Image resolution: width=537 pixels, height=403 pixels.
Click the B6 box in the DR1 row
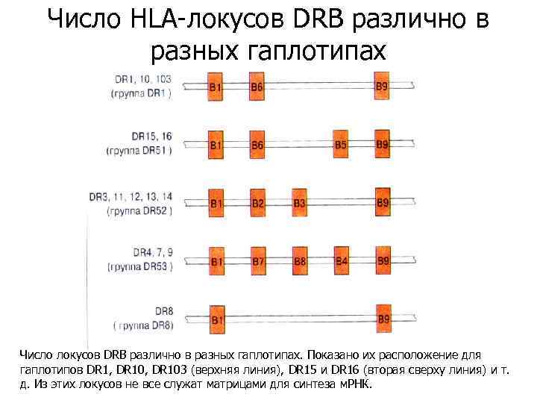257,87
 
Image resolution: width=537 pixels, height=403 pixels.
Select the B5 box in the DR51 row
341,144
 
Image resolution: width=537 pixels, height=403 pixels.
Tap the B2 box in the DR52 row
257,202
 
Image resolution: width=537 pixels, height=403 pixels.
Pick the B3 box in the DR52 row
300,202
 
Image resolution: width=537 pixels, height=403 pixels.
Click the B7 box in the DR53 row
258,260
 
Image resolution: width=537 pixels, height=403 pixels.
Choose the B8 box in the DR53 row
300,260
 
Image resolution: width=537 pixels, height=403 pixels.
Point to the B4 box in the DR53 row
342,260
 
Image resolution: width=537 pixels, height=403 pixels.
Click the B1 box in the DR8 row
216,319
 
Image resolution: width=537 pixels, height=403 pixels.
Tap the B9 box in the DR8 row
383,319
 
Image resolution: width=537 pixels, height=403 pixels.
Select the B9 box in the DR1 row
382,87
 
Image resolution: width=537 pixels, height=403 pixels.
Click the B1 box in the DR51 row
216,144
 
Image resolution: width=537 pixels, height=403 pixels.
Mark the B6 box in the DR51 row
257,144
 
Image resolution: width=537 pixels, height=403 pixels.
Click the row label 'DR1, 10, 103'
143,79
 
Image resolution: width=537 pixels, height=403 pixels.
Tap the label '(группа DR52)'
139,210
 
